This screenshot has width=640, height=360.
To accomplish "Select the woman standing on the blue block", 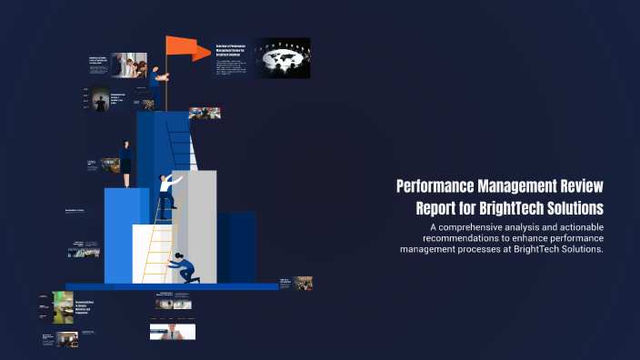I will (x=125, y=164).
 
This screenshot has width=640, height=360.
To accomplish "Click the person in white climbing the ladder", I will (x=167, y=194).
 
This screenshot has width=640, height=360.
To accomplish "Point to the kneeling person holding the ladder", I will (x=186, y=267).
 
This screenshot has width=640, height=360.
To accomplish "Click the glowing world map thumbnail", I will (x=282, y=57).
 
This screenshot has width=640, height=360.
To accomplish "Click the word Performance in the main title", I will (x=442, y=186).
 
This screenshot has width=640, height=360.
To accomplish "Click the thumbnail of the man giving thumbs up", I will (x=173, y=332).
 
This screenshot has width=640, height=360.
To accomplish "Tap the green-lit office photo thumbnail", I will (x=63, y=307).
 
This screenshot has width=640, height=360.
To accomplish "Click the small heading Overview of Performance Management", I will (x=233, y=50).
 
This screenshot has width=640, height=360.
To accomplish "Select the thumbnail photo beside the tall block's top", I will (x=205, y=114).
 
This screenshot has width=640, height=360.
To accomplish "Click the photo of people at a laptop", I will (x=130, y=65).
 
